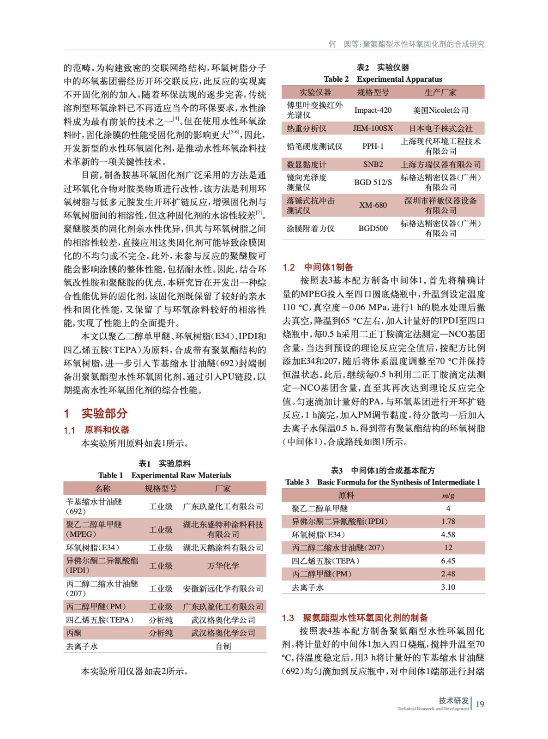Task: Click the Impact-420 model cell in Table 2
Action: click(x=373, y=110)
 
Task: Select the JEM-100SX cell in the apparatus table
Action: click(x=373, y=128)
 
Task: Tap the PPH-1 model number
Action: click(x=373, y=146)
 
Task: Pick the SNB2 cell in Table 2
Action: click(x=373, y=164)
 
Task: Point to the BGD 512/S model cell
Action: click(x=373, y=182)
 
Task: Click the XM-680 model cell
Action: click(x=373, y=205)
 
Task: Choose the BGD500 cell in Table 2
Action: click(x=373, y=228)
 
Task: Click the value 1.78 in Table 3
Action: click(x=448, y=521)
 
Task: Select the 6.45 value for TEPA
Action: click(x=448, y=561)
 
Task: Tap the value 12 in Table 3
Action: click(x=448, y=547)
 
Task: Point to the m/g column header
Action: click(x=448, y=495)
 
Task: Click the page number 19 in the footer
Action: click(x=480, y=704)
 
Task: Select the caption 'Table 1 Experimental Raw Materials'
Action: click(x=164, y=475)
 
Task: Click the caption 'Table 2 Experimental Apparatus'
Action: click(x=383, y=79)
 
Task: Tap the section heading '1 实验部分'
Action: click(x=96, y=413)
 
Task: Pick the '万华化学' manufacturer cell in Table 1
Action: click(x=223, y=565)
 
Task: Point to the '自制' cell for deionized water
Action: click(x=223, y=646)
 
